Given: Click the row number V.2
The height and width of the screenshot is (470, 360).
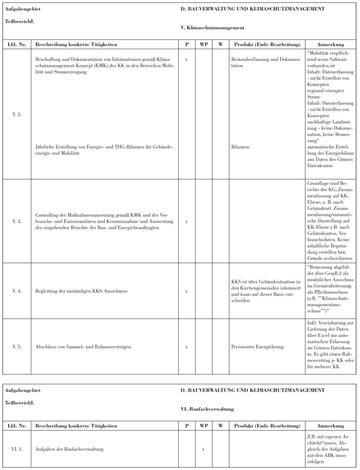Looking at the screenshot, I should point(17,115).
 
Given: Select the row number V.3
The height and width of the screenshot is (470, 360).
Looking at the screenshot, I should point(17,221).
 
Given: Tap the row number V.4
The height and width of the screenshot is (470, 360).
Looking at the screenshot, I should point(17,291).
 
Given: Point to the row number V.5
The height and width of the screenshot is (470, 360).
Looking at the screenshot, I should point(17,347).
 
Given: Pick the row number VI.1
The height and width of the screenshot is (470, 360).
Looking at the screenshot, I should point(17,448).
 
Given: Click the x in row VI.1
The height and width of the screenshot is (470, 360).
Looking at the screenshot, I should point(203,448).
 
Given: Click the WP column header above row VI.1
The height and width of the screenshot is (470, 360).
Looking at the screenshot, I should point(203,426).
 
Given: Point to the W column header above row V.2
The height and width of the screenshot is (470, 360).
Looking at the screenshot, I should point(220,44).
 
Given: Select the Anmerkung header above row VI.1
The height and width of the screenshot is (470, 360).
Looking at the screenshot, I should point(331,426).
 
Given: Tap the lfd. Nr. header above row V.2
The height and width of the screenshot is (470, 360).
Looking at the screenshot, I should point(17,44).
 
